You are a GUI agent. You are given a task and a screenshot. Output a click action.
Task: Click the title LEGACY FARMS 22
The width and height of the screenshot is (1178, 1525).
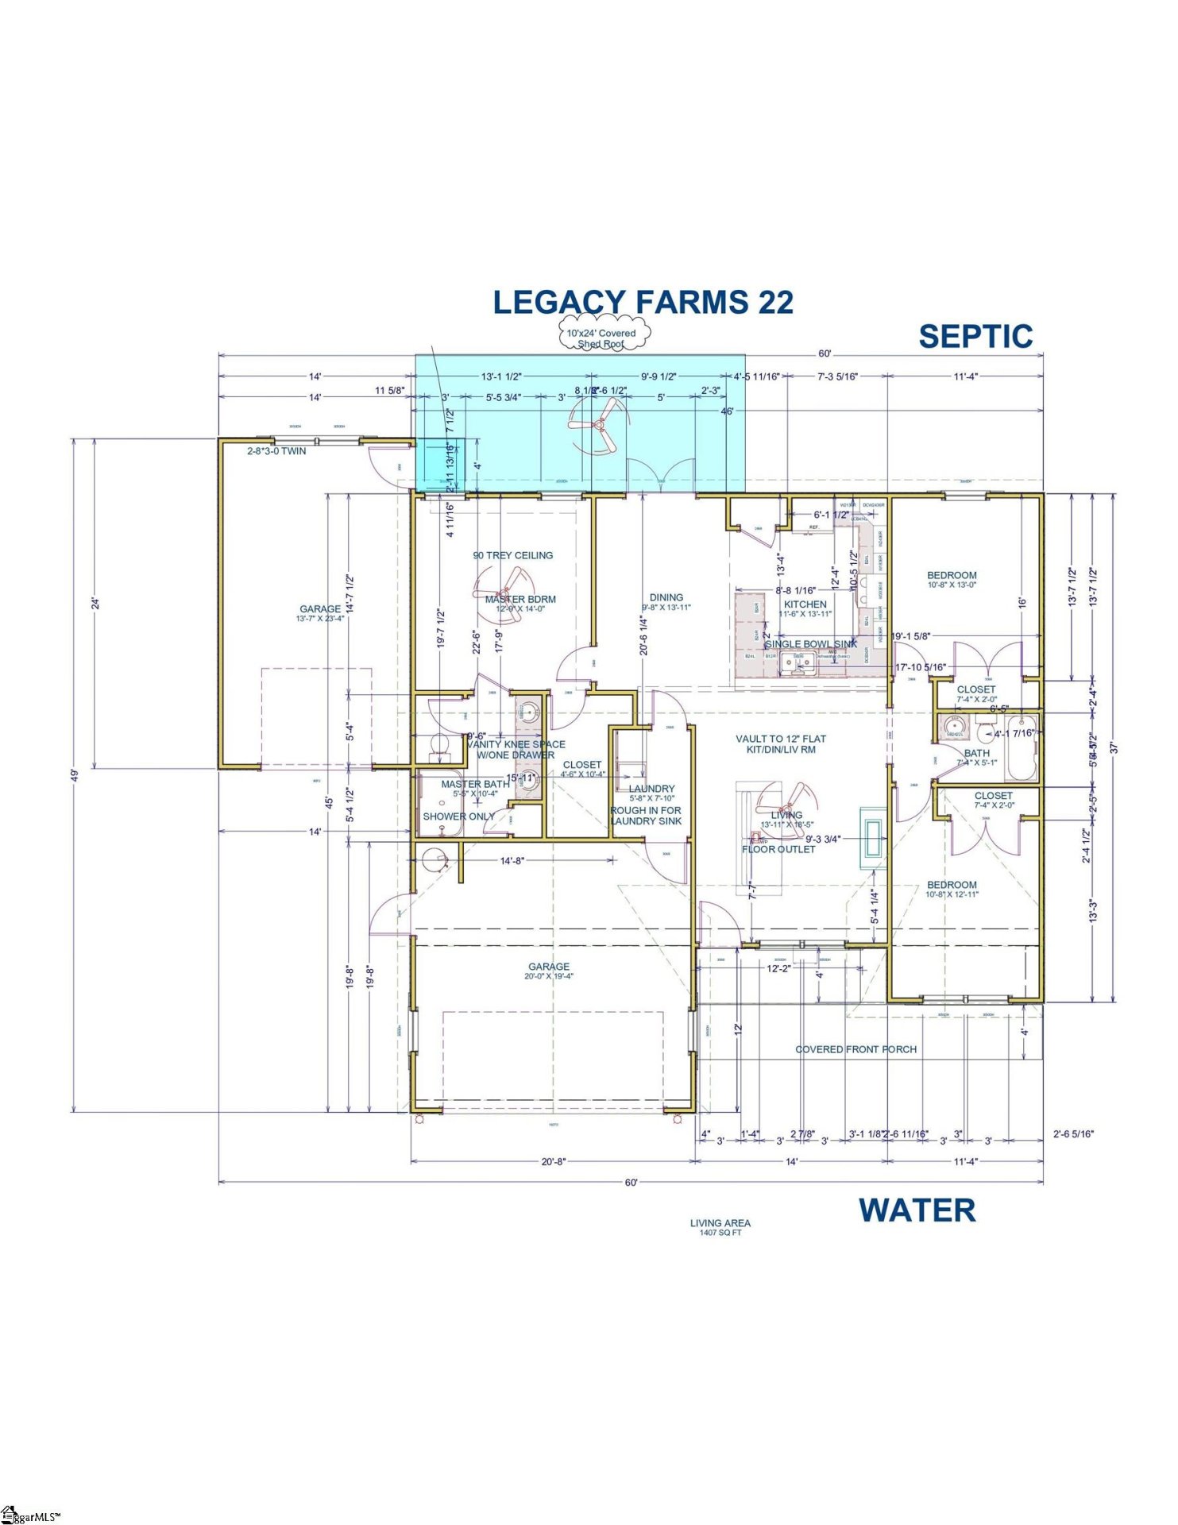pos(643,303)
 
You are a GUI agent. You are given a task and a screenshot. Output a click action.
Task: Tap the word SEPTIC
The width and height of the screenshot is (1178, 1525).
pos(975,337)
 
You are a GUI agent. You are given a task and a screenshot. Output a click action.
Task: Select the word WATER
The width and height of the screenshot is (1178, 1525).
pos(917,1210)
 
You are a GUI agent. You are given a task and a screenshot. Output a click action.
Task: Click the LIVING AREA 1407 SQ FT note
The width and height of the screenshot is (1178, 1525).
pos(720,1228)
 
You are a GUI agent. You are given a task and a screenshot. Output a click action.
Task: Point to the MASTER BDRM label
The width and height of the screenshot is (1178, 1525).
pos(520,600)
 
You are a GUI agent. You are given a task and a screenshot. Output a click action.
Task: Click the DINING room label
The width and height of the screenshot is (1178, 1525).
pos(666,597)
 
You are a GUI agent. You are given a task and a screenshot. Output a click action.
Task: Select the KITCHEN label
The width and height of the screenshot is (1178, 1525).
pos(805,604)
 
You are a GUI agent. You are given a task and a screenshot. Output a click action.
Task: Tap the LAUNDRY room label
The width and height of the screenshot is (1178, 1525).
pos(651,789)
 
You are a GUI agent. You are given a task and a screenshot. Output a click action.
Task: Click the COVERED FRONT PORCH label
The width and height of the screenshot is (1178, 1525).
pos(855,1049)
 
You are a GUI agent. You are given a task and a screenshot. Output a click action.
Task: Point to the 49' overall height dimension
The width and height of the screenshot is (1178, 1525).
pos(73,775)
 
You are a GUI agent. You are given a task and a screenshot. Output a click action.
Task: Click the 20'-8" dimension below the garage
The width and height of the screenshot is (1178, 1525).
pos(553,1161)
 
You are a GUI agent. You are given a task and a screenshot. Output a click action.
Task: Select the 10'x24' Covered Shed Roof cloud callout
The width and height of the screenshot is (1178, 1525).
pos(601,338)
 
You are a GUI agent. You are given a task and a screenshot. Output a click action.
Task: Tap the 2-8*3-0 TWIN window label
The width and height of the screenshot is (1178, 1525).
pos(276,451)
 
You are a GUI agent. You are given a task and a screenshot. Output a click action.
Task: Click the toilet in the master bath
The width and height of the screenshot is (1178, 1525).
pos(439,744)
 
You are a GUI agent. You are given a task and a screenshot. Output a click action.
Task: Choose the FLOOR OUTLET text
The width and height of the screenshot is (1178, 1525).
pos(778,849)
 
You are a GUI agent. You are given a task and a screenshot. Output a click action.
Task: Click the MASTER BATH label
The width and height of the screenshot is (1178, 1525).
pos(475,784)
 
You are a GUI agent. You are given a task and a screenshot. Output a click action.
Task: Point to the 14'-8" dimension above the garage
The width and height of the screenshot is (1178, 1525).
pos(512,860)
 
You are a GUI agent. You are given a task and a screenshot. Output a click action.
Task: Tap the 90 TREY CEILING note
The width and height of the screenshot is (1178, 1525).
pos(513,555)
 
